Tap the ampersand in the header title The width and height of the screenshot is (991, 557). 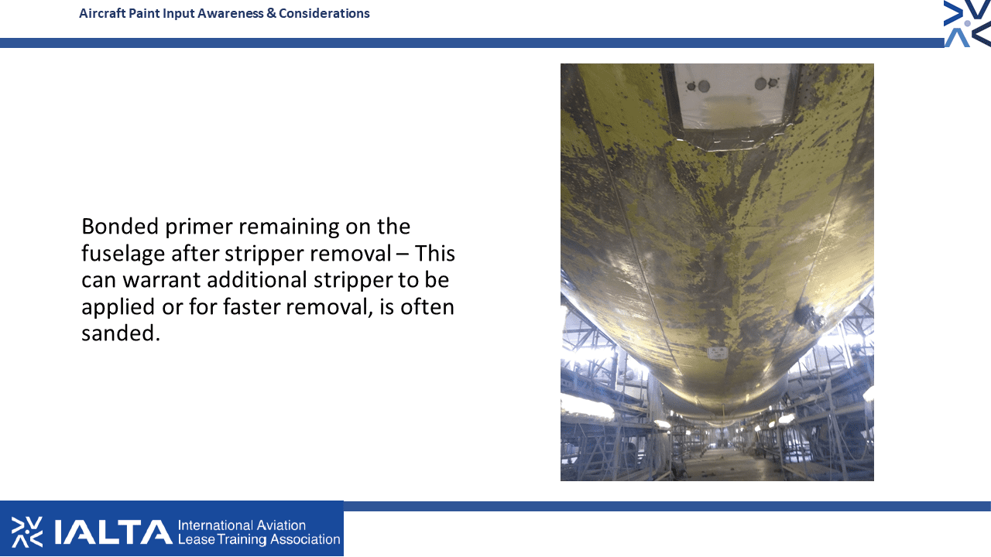(271, 13)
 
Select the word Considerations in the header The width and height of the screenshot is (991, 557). (324, 13)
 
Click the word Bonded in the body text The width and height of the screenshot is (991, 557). (120, 227)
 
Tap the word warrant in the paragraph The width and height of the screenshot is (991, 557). (162, 281)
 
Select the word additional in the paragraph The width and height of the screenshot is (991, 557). (257, 280)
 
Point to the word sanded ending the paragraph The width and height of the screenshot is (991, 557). (120, 333)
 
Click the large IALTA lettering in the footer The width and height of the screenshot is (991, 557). (113, 531)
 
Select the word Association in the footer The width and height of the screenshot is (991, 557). (305, 539)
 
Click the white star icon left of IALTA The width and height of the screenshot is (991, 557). (27, 531)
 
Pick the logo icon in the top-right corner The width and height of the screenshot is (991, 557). (967, 23)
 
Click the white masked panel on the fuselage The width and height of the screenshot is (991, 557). (732, 97)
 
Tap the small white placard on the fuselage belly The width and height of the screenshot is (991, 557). (717, 353)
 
